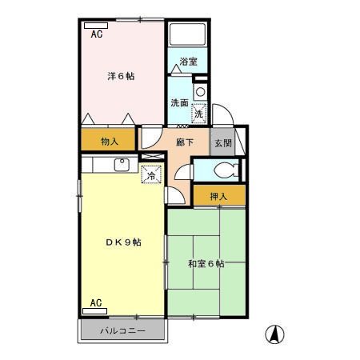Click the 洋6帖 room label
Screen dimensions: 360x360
121,77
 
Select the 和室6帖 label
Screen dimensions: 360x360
206,264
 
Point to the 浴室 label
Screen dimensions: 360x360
189,62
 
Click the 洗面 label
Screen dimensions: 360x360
179,103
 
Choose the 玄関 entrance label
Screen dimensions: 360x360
222,144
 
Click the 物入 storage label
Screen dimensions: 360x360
110,142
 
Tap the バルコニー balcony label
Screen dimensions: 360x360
122,330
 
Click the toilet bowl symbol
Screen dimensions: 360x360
226,170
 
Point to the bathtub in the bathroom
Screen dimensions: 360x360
188,36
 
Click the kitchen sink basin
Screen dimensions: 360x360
122,166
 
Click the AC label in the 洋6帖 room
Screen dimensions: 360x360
97,35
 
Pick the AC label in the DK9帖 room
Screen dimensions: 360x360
96,303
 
